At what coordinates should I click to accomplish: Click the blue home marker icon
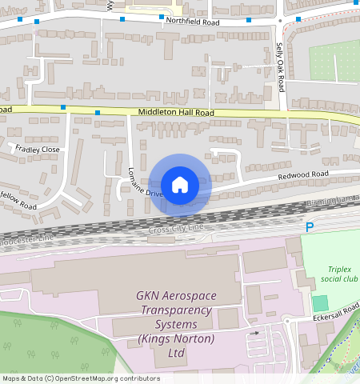[180, 185]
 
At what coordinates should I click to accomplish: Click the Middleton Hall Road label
[175, 114]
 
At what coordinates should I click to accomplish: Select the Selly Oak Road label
[280, 66]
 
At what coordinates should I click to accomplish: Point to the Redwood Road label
[303, 174]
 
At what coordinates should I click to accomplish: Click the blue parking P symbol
[310, 228]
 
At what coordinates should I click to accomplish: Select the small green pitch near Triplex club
[321, 303]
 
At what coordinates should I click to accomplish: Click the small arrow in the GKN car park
[254, 332]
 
